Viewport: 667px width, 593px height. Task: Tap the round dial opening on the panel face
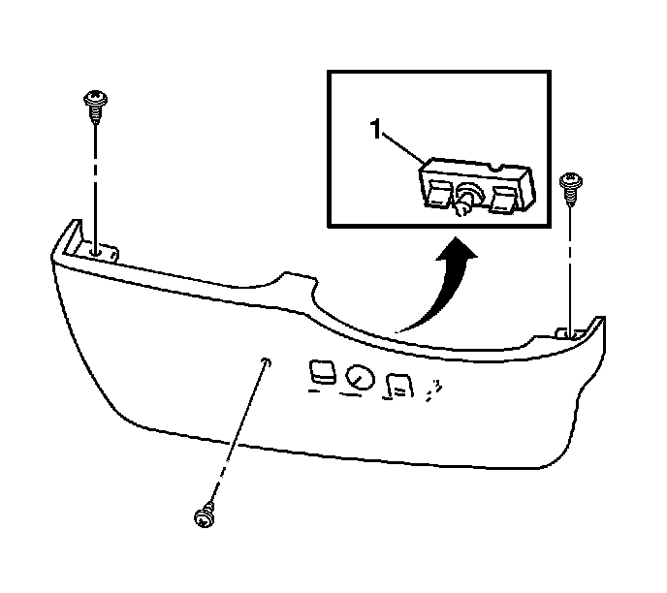(359, 379)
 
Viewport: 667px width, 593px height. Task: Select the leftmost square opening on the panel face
(321, 370)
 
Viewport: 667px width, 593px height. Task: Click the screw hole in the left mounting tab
(96, 250)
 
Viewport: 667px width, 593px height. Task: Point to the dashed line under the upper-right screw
(570, 262)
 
